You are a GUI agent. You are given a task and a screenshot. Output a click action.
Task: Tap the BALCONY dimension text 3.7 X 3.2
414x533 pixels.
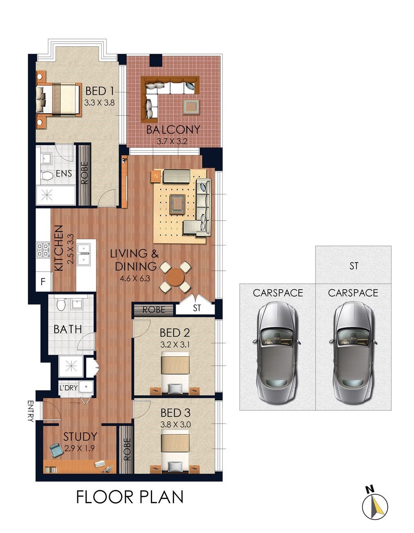(172, 142)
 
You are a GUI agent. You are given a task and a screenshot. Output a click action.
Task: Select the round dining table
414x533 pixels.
(175, 277)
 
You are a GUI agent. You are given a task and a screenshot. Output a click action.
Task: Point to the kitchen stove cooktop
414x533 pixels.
(43, 250)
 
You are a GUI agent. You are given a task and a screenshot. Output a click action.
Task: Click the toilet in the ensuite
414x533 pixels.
(47, 175)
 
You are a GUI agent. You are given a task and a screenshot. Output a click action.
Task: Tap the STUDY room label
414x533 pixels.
(80, 436)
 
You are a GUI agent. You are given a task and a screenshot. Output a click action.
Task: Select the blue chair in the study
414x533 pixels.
(56, 450)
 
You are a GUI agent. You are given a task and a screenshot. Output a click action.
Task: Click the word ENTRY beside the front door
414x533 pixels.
(31, 411)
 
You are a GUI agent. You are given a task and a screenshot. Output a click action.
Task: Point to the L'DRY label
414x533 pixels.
(68, 388)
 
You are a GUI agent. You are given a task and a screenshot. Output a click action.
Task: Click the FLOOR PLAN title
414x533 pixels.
(130, 497)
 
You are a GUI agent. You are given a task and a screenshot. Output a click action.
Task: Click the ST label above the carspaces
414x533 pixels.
(354, 266)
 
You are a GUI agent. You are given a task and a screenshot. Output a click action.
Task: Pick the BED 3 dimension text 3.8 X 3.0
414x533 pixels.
(175, 424)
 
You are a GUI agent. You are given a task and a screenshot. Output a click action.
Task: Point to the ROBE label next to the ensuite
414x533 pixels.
(84, 173)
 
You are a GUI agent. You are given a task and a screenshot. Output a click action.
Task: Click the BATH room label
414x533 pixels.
(67, 329)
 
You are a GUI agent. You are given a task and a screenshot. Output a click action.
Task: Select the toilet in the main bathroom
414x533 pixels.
(61, 304)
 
